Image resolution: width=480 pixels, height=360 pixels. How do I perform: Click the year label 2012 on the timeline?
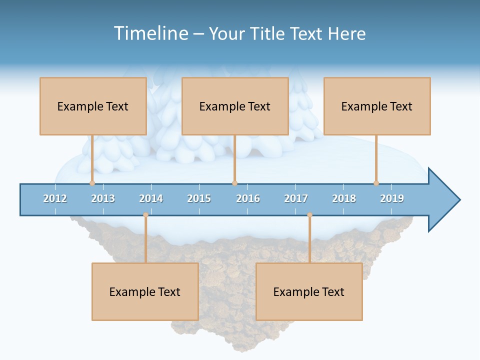[x=55, y=198]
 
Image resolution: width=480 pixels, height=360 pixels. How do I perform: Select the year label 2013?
[x=103, y=198]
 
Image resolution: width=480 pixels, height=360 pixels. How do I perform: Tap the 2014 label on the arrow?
[x=151, y=198]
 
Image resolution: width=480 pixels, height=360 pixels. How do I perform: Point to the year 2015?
[x=199, y=198]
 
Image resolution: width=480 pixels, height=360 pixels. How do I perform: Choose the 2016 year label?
[x=248, y=198]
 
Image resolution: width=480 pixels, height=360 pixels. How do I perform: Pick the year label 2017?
[x=296, y=198]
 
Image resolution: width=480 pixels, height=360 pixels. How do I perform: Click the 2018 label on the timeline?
[x=344, y=198]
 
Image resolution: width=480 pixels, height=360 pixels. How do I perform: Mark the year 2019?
[x=392, y=198]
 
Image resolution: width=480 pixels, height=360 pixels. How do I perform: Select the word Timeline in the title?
[x=149, y=33]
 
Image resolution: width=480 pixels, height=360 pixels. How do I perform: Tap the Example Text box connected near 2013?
[x=93, y=106]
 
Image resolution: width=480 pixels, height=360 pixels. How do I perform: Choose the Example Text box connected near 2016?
[x=235, y=106]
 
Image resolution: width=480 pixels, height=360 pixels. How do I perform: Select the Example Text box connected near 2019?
[x=377, y=106]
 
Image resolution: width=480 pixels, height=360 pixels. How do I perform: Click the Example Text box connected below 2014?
[x=145, y=291]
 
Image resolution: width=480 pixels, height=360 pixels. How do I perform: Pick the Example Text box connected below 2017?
[x=309, y=291]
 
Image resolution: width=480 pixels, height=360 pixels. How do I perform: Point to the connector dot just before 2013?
[x=92, y=183]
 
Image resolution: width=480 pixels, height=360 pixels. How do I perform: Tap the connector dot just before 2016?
[x=234, y=183]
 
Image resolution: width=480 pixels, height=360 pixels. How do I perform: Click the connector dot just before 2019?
[x=376, y=183]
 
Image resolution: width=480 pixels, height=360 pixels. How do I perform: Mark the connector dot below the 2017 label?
[x=309, y=215]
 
